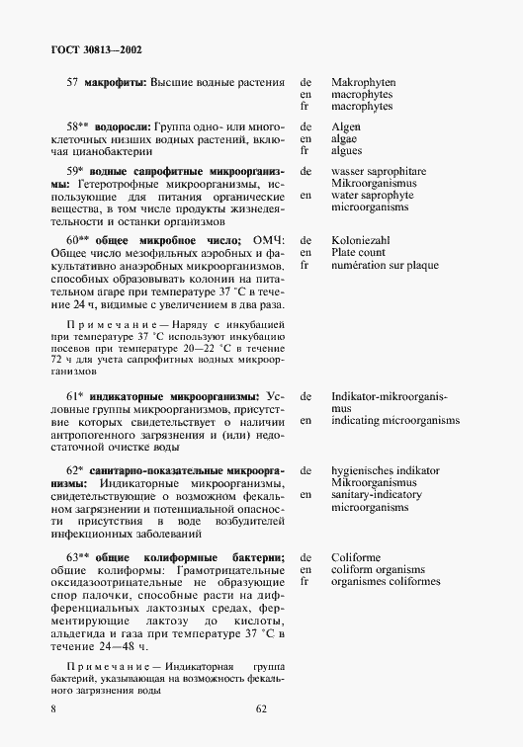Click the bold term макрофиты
point(115,82)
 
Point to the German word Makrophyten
point(364,82)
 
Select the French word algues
point(347,151)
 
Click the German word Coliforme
point(356,558)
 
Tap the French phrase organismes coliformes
point(386,582)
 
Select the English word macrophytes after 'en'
point(362,94)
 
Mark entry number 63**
point(77,558)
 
